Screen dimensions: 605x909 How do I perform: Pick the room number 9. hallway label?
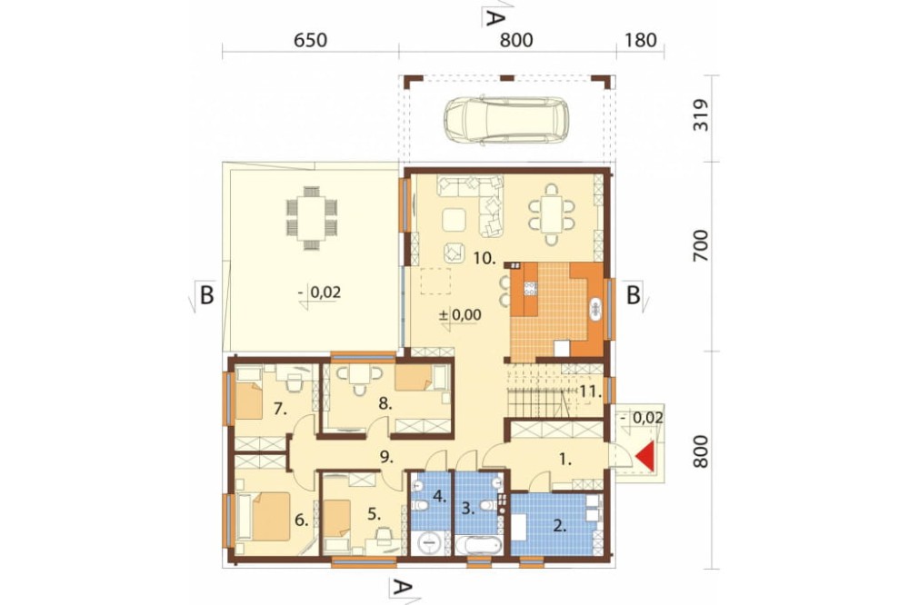[385, 457]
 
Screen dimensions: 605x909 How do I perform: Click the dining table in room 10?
[552, 213]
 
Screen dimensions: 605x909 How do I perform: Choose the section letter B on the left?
[206, 295]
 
